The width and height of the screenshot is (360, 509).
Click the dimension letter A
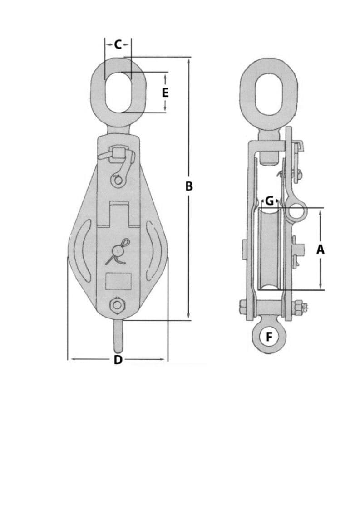(x=321, y=249)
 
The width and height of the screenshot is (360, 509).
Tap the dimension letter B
(x=189, y=186)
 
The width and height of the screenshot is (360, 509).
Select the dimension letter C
(x=118, y=44)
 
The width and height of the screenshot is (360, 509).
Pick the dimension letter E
(x=165, y=93)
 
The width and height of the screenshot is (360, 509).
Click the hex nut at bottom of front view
(x=118, y=305)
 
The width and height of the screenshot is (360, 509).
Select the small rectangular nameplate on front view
(x=118, y=281)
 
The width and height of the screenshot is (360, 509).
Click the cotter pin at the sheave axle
(x=118, y=251)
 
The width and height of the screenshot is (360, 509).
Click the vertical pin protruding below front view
(x=118, y=336)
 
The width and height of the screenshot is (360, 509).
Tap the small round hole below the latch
(x=118, y=181)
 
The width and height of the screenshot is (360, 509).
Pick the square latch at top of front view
(x=119, y=152)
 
